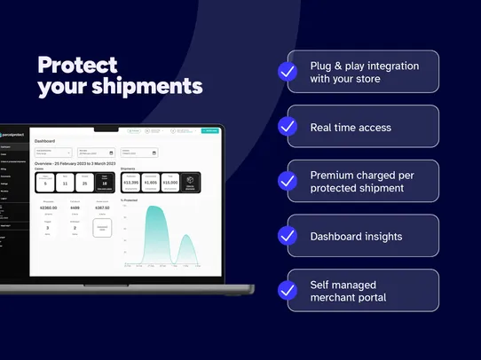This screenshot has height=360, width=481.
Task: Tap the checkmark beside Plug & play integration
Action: tap(288, 72)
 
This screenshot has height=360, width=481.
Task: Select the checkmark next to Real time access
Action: tap(288, 127)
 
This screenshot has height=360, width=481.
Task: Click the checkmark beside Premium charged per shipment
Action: tap(288, 181)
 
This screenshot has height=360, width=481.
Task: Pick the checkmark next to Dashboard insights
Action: tap(288, 236)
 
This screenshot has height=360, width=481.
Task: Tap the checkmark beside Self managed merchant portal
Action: tap(288, 290)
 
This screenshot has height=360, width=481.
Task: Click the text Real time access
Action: tap(351, 127)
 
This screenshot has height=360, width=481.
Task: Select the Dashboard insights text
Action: tap(356, 236)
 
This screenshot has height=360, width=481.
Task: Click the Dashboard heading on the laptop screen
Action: tap(44, 141)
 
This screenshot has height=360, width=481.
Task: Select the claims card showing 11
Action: tap(65, 182)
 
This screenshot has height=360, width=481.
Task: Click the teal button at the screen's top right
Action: tap(210, 130)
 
